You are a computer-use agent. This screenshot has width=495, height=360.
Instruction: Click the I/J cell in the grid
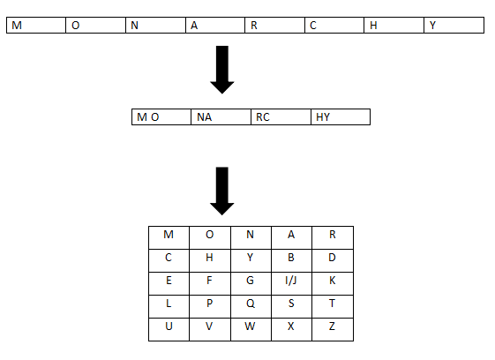291,281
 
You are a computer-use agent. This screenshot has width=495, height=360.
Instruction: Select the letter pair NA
204,117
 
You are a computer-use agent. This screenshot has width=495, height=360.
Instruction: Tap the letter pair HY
323,117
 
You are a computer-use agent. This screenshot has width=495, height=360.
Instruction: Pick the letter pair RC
263,117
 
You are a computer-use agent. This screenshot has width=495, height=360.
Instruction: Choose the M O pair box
161,117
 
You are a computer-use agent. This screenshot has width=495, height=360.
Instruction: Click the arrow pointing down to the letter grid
222,191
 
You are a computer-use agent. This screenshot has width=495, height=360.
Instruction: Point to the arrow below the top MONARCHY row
222,70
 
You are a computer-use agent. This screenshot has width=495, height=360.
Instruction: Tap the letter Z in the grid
332,326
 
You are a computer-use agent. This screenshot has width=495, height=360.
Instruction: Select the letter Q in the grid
251,304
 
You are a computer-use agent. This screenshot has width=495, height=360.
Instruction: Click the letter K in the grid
332,281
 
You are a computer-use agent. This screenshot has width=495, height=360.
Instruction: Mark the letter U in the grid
169,326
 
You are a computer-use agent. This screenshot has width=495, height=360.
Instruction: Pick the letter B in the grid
291,258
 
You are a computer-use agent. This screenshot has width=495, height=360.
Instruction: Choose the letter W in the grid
250,326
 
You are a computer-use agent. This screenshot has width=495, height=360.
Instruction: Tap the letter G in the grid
250,281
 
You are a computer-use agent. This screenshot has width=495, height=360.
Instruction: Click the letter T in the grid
332,304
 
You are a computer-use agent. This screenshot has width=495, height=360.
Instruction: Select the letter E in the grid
169,281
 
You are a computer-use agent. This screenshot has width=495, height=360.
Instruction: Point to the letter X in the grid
291,326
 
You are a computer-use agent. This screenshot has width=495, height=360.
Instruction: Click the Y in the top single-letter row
432,26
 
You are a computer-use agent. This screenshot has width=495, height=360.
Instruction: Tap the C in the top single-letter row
313,26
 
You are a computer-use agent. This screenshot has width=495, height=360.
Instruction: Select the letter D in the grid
332,258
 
